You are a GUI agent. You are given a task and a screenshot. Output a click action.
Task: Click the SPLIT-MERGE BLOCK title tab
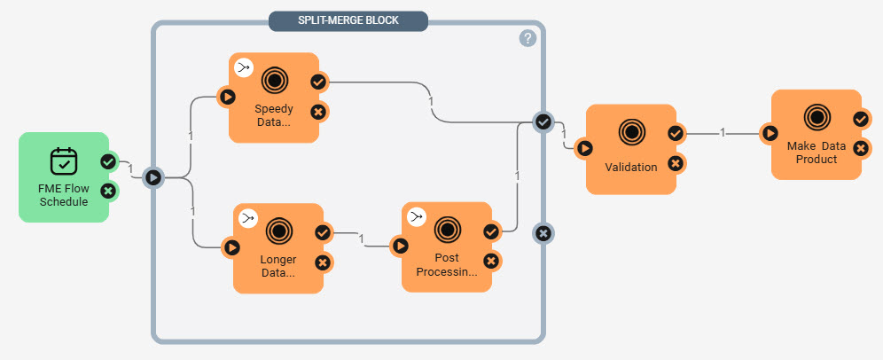click(348, 20)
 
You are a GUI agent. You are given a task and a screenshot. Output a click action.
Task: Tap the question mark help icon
click(527, 38)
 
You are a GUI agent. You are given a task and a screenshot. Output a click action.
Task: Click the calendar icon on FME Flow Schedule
click(64, 160)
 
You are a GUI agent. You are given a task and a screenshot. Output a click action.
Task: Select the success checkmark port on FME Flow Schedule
click(108, 161)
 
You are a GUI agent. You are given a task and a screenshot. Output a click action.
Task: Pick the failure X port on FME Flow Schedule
click(108, 190)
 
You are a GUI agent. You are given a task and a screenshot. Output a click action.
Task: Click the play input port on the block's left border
click(153, 177)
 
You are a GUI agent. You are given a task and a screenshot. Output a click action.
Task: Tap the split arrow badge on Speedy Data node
click(243, 67)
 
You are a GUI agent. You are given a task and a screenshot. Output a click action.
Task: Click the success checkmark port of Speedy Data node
click(318, 82)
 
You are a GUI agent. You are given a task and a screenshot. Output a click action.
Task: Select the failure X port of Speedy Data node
click(318, 111)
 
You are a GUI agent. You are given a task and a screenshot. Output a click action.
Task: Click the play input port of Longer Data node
click(231, 247)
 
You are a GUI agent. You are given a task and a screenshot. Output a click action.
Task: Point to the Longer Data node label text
click(277, 266)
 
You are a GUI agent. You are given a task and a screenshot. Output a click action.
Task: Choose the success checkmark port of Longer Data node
click(323, 232)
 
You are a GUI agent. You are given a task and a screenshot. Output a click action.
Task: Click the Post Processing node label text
click(446, 264)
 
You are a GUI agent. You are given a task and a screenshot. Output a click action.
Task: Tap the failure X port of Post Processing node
click(491, 261)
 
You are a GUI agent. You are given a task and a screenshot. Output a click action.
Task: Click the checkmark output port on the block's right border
click(543, 122)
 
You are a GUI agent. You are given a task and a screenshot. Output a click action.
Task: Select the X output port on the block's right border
click(543, 233)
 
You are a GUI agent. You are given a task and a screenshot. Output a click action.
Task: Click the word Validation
click(630, 167)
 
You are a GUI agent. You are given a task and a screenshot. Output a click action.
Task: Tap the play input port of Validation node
click(584, 148)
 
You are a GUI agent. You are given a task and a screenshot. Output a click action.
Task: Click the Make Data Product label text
click(816, 152)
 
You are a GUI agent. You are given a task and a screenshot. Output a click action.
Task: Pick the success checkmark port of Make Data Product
click(860, 119)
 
